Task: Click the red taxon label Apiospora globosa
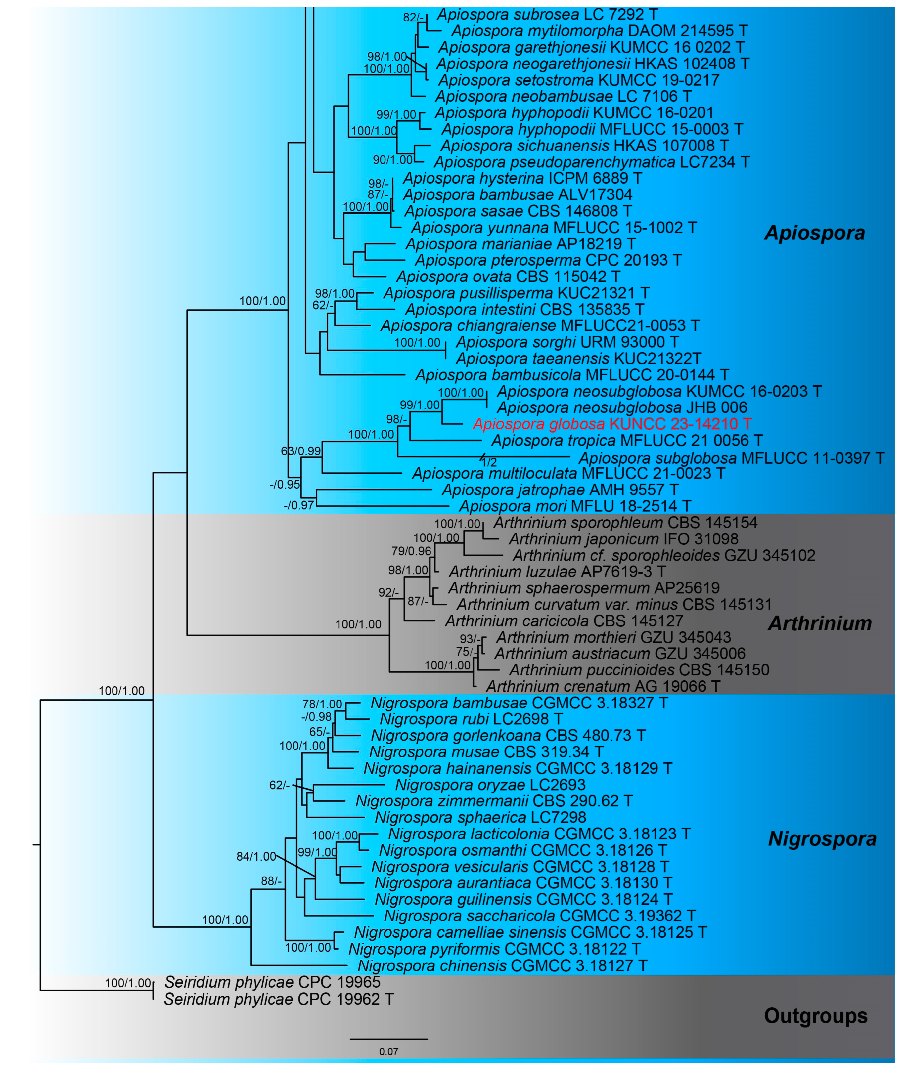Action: [612, 424]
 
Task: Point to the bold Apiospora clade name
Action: [814, 233]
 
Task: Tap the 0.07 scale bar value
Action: [388, 1051]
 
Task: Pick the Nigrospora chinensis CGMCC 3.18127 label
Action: [502, 966]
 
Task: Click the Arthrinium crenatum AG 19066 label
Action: [603, 686]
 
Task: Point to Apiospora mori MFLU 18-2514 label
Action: [575, 506]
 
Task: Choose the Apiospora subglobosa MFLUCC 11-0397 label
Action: [731, 458]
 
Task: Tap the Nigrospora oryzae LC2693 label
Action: [490, 785]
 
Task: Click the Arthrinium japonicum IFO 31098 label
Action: [623, 539]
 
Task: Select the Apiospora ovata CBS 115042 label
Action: [508, 277]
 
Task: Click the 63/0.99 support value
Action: [301, 451]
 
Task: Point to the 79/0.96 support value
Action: [411, 551]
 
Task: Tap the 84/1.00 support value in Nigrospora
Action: [256, 856]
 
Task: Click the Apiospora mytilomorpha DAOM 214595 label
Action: [599, 31]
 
